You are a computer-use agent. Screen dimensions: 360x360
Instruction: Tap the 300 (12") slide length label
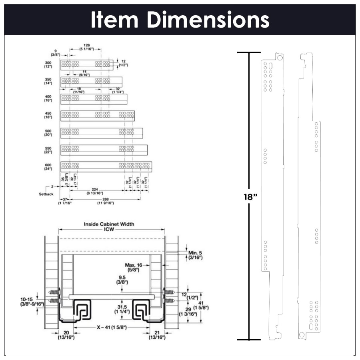[48, 65]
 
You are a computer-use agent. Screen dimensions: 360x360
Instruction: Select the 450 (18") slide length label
[48, 116]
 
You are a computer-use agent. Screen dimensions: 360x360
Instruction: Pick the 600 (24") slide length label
[48, 166]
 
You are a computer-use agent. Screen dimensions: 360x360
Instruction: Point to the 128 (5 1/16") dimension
[86, 47]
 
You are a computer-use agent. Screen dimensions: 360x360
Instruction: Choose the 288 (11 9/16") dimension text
[105, 201]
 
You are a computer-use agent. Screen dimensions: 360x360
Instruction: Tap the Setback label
[46, 194]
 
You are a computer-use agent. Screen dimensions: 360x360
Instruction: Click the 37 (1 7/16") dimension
[64, 201]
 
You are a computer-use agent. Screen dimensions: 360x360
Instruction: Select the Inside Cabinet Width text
[109, 224]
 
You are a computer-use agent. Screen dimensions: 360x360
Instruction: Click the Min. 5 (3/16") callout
[195, 255]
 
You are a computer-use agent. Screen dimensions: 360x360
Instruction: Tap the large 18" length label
[236, 197]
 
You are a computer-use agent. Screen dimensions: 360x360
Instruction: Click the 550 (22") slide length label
[48, 150]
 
